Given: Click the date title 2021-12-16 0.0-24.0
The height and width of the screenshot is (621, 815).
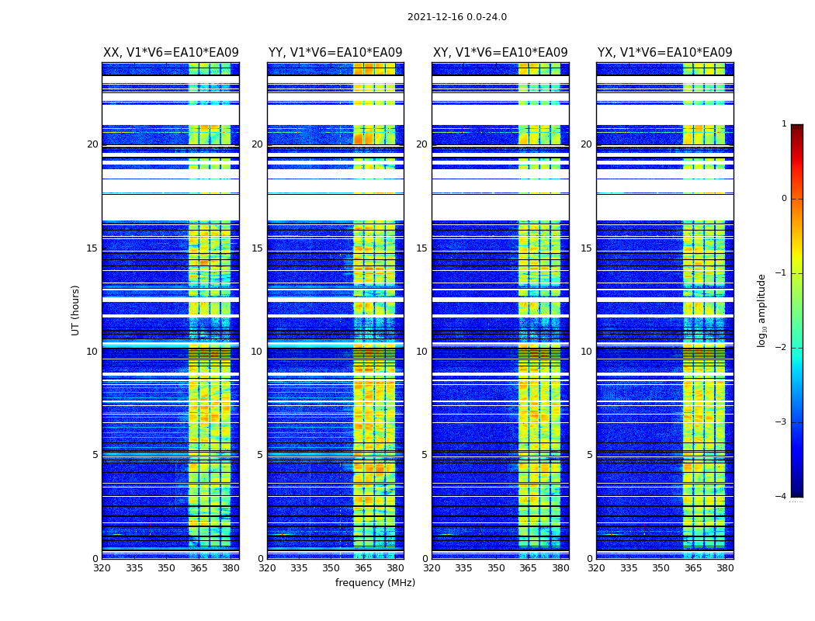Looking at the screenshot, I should tap(456, 17).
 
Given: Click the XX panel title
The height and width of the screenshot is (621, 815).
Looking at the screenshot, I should tap(171, 53).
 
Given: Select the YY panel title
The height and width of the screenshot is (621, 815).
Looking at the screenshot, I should tap(335, 53).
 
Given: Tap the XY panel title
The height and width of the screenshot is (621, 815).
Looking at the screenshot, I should tap(500, 53).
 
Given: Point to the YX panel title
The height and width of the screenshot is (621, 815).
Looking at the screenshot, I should tap(664, 53).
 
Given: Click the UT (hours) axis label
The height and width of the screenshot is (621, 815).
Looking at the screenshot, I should tap(76, 310).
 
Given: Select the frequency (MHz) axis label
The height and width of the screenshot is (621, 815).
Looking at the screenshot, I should tap(375, 583).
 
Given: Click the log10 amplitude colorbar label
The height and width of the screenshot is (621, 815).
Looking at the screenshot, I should tap(762, 310).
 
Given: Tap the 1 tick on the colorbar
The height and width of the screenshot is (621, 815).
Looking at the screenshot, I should tap(783, 124).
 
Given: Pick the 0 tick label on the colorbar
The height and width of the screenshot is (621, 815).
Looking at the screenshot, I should tap(783, 199).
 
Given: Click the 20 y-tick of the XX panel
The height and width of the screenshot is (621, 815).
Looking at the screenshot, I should tap(92, 144).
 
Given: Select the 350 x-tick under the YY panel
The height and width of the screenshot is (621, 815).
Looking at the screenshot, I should tap(331, 568).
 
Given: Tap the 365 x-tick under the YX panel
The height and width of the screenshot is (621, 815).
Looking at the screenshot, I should tap(693, 568).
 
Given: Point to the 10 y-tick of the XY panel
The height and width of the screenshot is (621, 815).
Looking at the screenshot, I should tap(421, 352).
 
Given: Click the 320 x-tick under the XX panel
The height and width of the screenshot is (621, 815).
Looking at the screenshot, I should tap(102, 568).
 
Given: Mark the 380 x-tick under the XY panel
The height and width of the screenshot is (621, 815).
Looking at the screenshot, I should tap(560, 568).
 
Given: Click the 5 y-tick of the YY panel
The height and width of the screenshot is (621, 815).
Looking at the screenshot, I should tap(260, 455).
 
